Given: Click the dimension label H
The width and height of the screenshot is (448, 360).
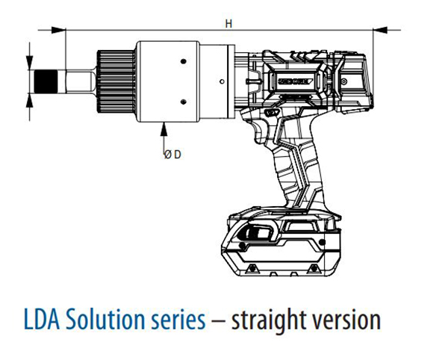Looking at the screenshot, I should pyautogui.click(x=228, y=22).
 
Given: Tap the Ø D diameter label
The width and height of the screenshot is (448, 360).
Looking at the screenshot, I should pyautogui.click(x=173, y=154).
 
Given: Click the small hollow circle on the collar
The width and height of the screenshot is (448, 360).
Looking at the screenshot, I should pyautogui.click(x=222, y=80).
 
